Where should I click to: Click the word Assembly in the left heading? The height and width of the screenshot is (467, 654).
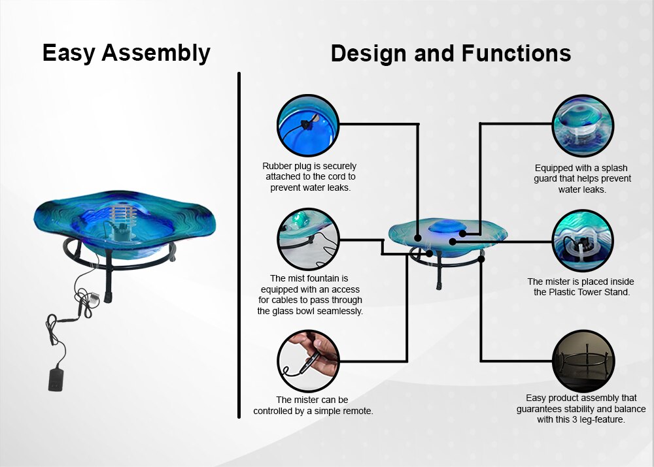[156, 54]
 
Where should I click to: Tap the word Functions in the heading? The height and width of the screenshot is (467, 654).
[517, 54]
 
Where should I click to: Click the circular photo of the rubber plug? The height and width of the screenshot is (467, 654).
[308, 125]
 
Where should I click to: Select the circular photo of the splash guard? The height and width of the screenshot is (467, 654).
[583, 125]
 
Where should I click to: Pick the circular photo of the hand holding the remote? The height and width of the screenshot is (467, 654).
[308, 361]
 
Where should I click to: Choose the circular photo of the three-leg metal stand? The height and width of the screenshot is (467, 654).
[583, 361]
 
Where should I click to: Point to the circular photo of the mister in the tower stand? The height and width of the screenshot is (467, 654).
[583, 241]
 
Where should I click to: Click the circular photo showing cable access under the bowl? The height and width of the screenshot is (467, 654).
[308, 239]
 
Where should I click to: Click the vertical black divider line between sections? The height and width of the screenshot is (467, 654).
[239, 245]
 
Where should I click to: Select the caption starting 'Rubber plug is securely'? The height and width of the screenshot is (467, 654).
[309, 176]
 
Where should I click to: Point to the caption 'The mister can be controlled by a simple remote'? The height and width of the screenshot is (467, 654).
[313, 406]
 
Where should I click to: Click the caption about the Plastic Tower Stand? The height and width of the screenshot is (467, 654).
[581, 287]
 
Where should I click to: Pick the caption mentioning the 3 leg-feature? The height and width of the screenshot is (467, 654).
[581, 409]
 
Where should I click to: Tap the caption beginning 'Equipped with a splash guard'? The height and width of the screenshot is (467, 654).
[582, 178]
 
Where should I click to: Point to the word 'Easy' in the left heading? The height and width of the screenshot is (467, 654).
[69, 54]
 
